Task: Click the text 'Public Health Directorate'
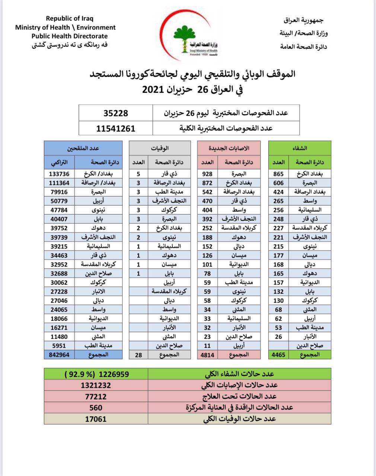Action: (x=69, y=36)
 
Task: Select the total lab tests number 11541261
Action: (x=115, y=128)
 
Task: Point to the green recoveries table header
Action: (x=300, y=148)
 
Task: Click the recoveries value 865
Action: (x=278, y=174)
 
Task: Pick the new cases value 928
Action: (x=207, y=174)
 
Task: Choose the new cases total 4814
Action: (x=207, y=354)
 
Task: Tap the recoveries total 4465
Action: (x=278, y=354)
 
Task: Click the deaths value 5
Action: (x=138, y=174)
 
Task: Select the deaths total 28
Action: (x=138, y=354)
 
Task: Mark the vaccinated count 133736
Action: (x=59, y=174)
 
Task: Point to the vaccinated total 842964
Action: (x=59, y=354)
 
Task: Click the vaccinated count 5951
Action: (x=59, y=345)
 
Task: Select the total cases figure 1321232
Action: (x=96, y=385)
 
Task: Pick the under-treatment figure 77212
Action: (x=96, y=396)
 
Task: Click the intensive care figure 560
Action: (x=96, y=408)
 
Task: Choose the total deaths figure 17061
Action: (x=96, y=419)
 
